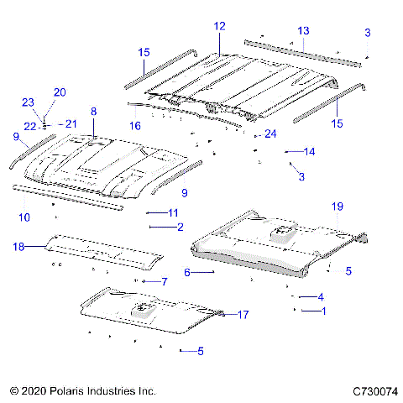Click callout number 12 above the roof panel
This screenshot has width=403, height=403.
[219, 27]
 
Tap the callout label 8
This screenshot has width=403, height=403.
[93, 112]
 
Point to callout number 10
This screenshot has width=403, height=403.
[24, 217]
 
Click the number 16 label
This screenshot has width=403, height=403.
[134, 125]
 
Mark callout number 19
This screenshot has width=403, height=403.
[337, 206]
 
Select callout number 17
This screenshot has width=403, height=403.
[243, 315]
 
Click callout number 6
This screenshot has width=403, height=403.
[187, 272]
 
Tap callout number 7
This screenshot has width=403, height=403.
[165, 281]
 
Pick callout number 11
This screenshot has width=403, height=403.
[174, 212]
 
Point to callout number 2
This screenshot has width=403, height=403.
[179, 227]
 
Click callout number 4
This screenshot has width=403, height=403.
[320, 296]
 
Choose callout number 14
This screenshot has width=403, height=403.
[310, 152]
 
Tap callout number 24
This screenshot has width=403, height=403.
[270, 134]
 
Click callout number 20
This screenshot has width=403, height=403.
[59, 92]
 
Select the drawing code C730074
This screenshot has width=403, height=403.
[374, 391]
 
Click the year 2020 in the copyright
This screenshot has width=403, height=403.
[30, 391]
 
